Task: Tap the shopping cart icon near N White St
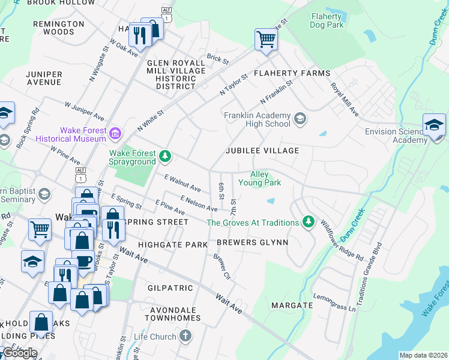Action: [266, 41]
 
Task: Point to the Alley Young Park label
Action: [259, 178]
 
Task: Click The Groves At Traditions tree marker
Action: [309, 223]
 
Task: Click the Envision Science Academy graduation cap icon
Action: [433, 126]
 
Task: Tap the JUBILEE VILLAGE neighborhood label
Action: [262, 150]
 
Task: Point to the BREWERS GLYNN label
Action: [252, 243]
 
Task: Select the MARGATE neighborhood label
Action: [292, 305]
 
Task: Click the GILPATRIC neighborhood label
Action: [170, 288]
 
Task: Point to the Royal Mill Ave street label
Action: [345, 100]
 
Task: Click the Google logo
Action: [20, 353]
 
